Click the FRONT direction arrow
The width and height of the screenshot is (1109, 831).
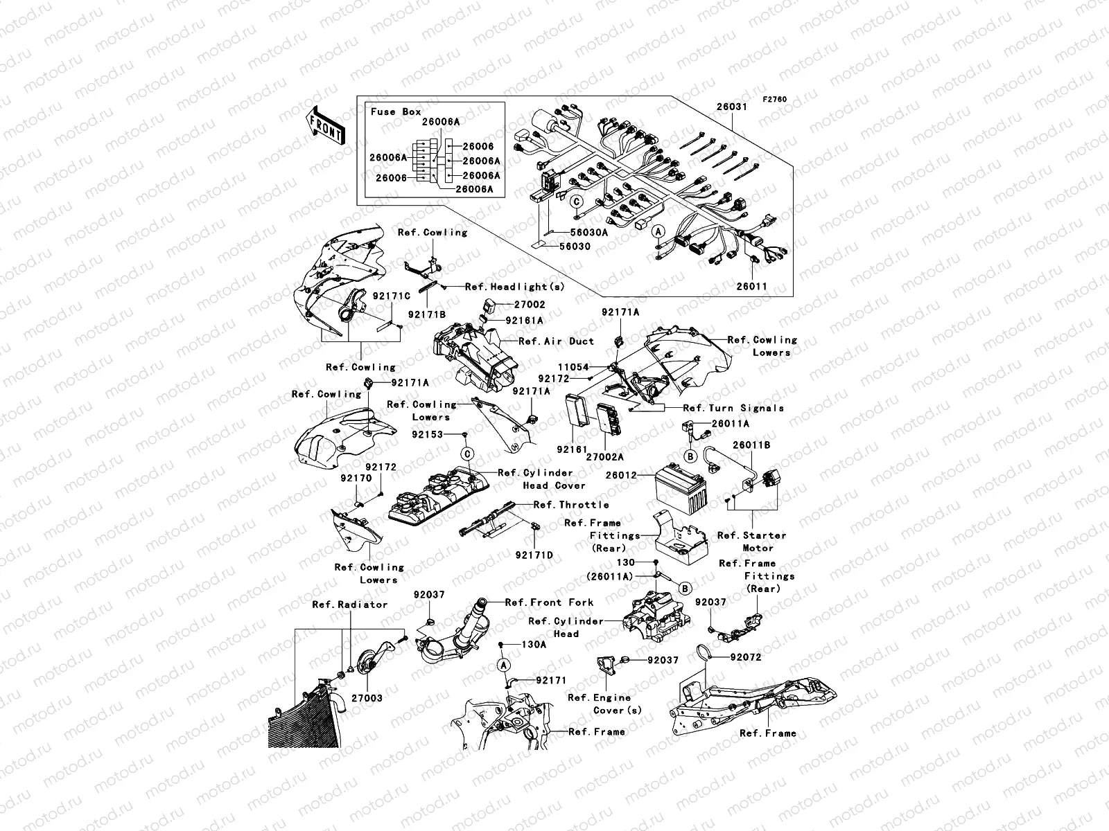pos(326,125)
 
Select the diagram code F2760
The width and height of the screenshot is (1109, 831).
pos(775,100)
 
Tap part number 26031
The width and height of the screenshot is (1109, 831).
pos(731,107)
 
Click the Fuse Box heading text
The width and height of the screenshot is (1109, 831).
pos(396,111)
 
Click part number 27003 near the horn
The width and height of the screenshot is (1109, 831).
pos(367,698)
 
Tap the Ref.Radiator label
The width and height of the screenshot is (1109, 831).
pos(349,605)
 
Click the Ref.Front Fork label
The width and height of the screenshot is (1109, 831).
pos(550,602)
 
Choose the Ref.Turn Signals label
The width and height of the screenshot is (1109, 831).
pos(733,408)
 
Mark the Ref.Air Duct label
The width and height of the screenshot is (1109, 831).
pos(556,341)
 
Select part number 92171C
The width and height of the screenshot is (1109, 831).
pos(392,296)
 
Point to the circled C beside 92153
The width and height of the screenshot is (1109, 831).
pos(468,454)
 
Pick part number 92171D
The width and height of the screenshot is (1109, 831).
pos(534,555)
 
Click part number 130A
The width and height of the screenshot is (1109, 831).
pos(534,644)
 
